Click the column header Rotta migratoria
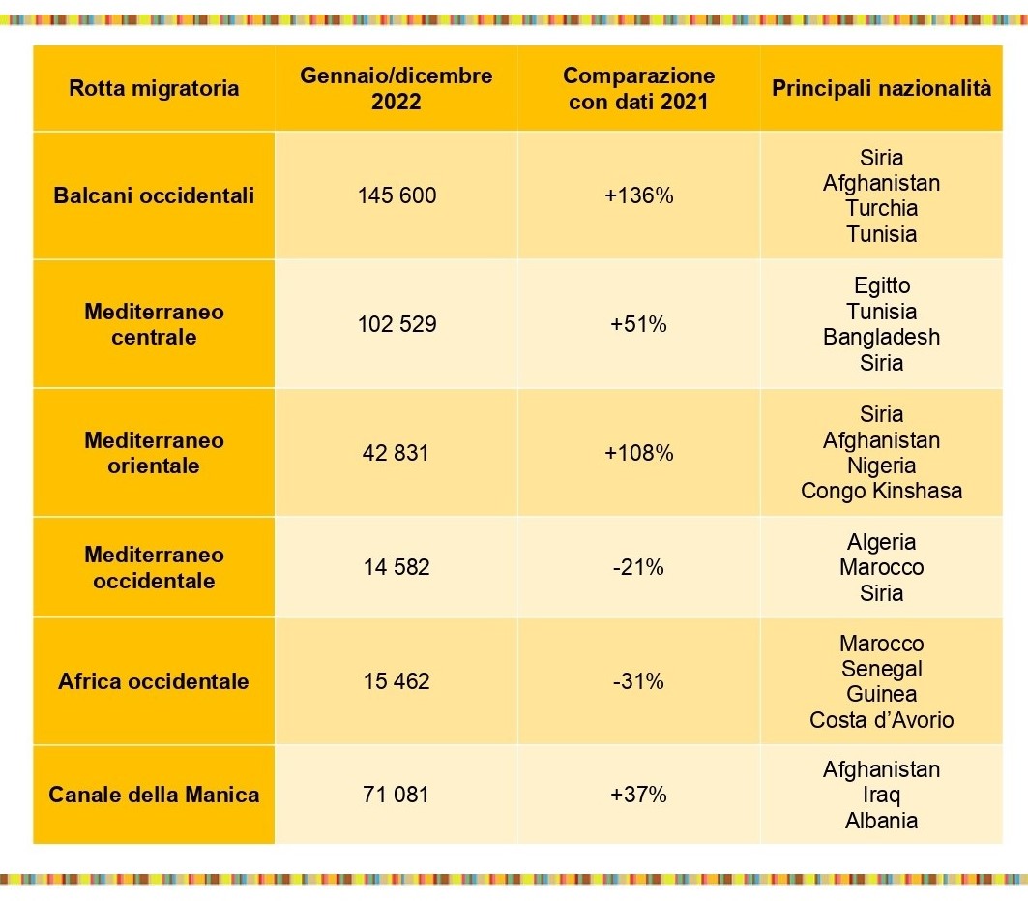154,89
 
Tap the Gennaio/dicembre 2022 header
396,88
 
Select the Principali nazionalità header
881,88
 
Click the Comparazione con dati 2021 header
638,88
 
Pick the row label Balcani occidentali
154,195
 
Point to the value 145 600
397,195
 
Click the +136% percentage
638,195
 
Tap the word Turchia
881,208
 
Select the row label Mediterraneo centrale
154,324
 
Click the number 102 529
397,324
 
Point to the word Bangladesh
881,337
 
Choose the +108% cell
638,453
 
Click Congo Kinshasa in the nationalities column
881,491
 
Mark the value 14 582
397,567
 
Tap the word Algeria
881,542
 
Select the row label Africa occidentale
154,681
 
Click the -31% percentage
638,681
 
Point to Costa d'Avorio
881,719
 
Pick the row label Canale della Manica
154,795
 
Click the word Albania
881,820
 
